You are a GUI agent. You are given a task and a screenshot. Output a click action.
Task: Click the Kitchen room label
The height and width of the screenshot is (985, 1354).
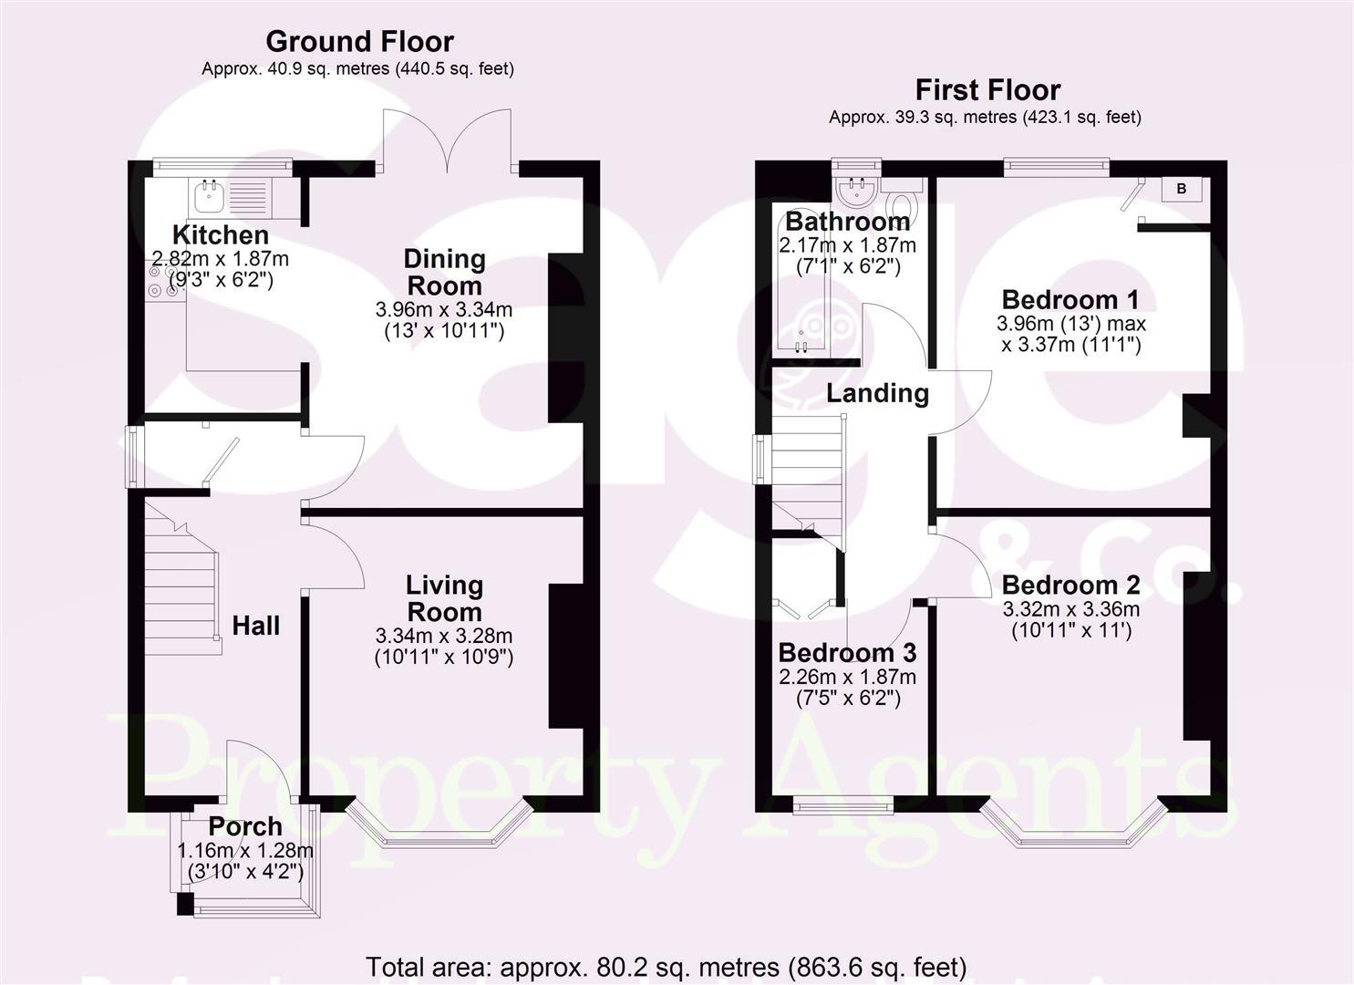pyautogui.click(x=221, y=234)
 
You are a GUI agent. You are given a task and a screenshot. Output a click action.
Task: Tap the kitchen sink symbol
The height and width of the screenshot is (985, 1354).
pyautogui.click(x=211, y=192)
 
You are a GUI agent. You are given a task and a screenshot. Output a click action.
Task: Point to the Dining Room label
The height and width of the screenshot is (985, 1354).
pyautogui.click(x=444, y=272)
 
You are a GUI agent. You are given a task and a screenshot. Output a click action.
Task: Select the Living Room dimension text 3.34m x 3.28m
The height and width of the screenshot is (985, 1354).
pyautogui.click(x=444, y=636)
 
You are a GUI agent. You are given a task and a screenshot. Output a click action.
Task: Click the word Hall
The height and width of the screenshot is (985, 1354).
pyautogui.click(x=255, y=626)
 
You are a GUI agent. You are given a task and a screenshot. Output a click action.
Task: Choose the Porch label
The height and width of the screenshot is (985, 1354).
pyautogui.click(x=245, y=826)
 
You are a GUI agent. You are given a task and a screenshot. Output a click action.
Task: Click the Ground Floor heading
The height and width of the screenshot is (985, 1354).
pyautogui.click(x=359, y=41)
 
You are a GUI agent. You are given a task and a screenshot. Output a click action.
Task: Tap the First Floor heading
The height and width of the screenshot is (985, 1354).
pyautogui.click(x=987, y=89)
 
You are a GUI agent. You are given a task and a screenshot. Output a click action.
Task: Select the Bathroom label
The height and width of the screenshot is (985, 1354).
pyautogui.click(x=847, y=221)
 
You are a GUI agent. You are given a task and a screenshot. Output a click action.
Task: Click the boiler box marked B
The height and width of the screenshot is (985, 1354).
pyautogui.click(x=1182, y=189)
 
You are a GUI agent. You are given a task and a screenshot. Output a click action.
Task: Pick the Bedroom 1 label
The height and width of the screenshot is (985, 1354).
pyautogui.click(x=1071, y=299)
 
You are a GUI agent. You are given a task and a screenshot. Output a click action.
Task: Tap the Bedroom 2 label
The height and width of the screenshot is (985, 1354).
pyautogui.click(x=1071, y=585)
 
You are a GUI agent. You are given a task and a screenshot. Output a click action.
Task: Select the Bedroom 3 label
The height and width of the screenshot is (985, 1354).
pyautogui.click(x=847, y=653)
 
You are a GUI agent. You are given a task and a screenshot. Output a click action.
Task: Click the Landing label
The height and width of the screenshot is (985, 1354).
pyautogui.click(x=877, y=393)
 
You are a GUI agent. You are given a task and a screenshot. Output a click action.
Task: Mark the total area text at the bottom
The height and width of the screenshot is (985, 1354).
pyautogui.click(x=666, y=966)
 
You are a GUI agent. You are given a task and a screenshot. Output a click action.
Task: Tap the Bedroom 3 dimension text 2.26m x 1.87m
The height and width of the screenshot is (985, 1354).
pyautogui.click(x=847, y=677)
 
